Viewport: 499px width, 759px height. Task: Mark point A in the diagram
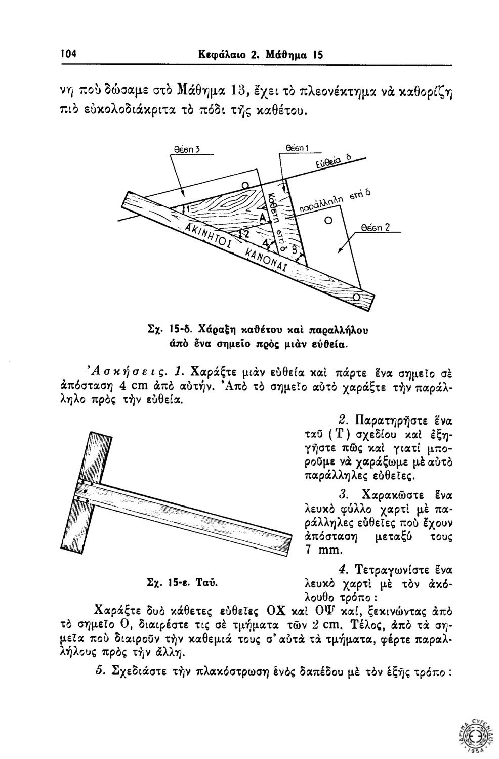coord(263,218)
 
